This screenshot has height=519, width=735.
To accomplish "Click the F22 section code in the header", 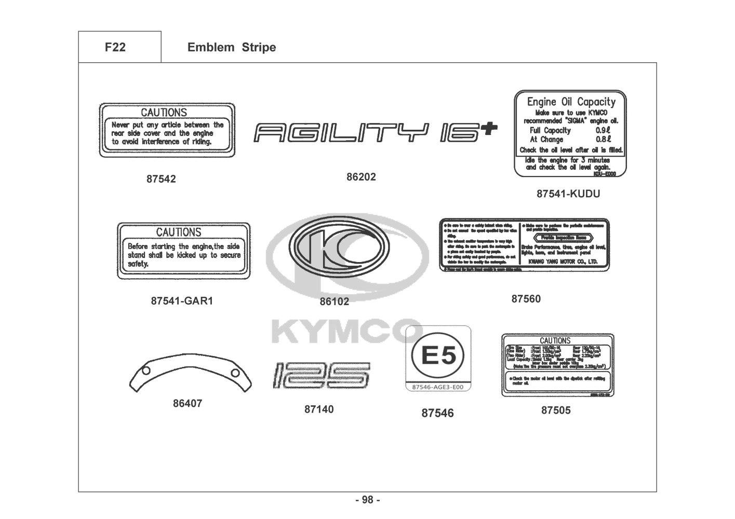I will point(115,47).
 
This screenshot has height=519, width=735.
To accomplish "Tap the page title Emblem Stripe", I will point(231,47).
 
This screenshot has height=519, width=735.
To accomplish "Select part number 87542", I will point(161,179).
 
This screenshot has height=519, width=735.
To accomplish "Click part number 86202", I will point(361,177).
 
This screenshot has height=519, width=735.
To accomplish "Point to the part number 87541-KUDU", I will point(568,194).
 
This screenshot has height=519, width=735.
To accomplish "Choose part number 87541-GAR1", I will point(182,301).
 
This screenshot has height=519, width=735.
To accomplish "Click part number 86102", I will point(334,302).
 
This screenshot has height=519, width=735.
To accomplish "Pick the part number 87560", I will point(526,299).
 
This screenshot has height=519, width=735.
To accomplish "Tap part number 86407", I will point(188,403).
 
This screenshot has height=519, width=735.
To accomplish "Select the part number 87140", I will point(319,409).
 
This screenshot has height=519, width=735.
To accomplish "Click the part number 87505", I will point(556,411).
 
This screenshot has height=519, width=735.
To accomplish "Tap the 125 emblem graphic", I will point(321,375).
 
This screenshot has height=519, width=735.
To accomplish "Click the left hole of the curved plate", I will point(146,370).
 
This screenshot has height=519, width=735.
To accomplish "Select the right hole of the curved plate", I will point(235,373).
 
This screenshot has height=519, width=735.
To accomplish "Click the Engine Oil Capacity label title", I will point(571,102).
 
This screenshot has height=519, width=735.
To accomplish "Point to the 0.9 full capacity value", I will point(603,131).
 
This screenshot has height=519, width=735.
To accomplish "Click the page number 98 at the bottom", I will point(367,500).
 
